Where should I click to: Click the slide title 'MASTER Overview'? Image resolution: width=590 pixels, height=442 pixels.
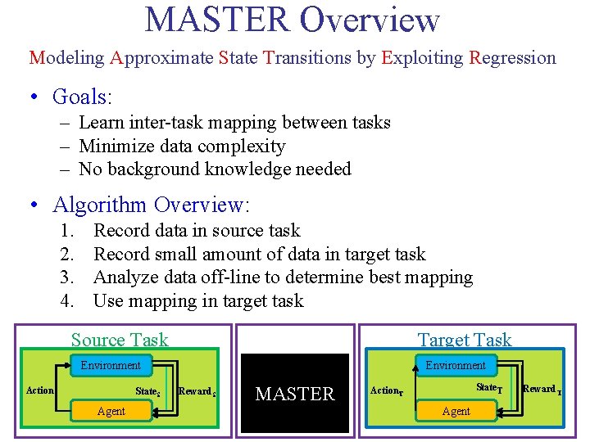click(293, 20)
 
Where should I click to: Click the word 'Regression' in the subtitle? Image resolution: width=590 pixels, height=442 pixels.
click(512, 58)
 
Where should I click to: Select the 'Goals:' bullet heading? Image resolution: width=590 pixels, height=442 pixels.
click(82, 97)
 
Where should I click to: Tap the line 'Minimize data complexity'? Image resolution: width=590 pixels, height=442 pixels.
click(182, 147)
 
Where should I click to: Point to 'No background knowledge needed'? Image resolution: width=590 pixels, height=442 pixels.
click(215, 169)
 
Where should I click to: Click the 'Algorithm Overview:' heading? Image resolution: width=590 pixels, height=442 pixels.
click(152, 205)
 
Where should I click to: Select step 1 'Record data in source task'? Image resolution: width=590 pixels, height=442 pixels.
click(197, 231)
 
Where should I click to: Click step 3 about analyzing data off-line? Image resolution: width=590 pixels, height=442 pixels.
click(283, 277)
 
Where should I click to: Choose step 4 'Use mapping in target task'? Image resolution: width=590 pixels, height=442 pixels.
click(198, 300)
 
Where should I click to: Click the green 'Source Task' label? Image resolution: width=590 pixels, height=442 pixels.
click(120, 340)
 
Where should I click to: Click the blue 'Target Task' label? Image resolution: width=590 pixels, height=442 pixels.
click(464, 340)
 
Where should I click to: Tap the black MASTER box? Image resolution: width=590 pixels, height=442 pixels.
click(295, 394)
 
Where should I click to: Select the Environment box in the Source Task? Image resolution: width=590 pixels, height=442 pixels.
click(111, 365)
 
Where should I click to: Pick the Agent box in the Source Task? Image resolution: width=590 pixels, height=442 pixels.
click(111, 411)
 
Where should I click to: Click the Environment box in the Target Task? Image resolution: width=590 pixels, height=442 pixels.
click(456, 365)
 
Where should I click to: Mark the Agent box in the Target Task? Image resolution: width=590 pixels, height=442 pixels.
click(456, 411)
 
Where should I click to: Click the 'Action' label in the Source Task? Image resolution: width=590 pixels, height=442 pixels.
click(40, 390)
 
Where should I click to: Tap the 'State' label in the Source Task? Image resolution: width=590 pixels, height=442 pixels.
click(147, 391)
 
